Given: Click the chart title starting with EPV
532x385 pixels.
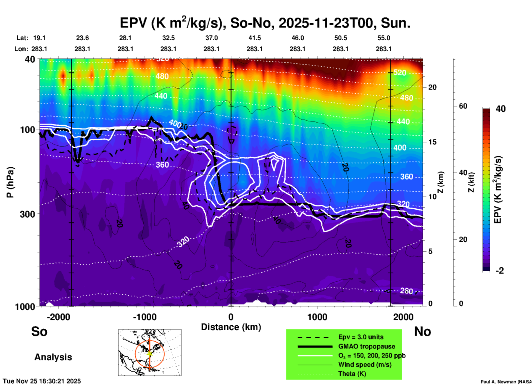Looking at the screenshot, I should (265, 23).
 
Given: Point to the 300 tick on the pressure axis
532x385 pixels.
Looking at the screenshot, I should (27, 214).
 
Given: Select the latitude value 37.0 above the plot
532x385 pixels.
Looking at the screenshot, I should (211, 38).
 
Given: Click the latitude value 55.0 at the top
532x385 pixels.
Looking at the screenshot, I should (384, 38).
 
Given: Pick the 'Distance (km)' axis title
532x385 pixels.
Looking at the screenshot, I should (231, 327).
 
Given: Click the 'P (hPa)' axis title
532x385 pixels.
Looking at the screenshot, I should (10, 182).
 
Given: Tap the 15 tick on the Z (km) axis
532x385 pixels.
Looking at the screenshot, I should (432, 142).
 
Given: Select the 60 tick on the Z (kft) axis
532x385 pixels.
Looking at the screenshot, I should (463, 106).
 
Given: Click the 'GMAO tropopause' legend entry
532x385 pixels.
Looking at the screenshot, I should (367, 346).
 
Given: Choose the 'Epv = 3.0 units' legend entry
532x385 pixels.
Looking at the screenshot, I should (361, 337).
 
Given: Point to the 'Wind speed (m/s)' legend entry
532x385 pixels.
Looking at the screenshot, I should (365, 365).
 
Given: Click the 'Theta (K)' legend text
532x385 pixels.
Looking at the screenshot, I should (352, 374).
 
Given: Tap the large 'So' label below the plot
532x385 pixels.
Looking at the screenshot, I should (39, 331).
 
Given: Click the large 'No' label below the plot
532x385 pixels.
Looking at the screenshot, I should (422, 331).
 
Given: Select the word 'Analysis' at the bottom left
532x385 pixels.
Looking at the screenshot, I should (53, 357).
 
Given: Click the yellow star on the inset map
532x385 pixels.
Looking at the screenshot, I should (149, 353).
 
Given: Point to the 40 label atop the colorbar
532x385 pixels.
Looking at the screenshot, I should (501, 109).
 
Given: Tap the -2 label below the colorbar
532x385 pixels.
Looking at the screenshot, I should (500, 271).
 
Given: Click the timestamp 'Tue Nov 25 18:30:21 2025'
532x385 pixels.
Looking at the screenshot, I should (42, 381).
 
